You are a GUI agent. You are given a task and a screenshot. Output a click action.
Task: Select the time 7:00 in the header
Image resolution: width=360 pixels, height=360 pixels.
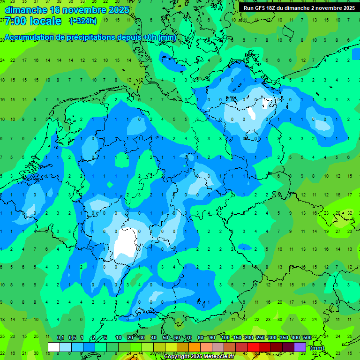click(15, 21)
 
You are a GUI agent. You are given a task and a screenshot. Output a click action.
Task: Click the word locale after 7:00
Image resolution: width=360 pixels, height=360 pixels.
click(45, 21)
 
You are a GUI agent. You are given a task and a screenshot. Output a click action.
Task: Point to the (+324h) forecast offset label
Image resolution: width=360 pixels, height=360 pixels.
click(83, 21)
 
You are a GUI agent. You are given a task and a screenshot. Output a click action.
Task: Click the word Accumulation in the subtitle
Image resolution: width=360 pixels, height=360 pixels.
click(31, 37)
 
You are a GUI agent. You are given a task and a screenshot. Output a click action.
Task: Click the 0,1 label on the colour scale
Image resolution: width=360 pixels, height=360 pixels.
click(60, 338)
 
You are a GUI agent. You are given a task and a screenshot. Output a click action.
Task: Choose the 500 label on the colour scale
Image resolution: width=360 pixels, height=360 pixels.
click(307, 338)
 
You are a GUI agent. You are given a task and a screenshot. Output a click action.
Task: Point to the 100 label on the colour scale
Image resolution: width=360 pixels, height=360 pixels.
click(225, 338)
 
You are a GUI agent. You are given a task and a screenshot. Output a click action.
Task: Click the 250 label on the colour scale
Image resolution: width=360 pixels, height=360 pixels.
click(260, 338)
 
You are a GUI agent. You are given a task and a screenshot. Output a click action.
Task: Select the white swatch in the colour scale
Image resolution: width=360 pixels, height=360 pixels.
click(54, 347)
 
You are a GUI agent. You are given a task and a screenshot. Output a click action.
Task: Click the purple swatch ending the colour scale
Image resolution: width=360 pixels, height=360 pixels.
click(300, 347)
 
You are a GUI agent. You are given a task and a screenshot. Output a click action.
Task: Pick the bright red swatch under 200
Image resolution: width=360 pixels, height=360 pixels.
click(253, 347)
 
